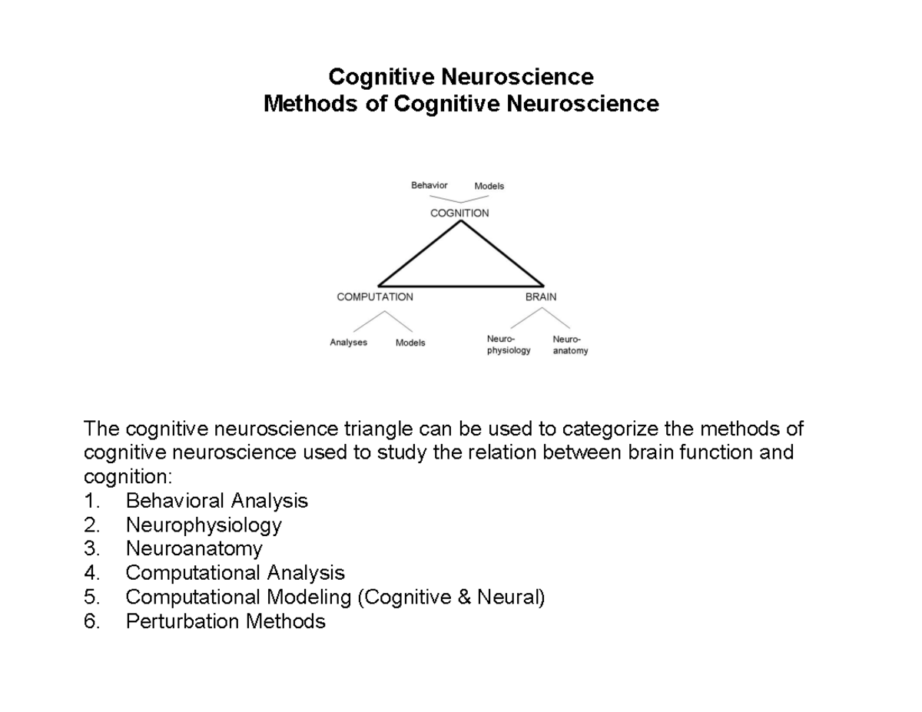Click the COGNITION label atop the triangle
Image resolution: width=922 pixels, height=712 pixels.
(x=459, y=213)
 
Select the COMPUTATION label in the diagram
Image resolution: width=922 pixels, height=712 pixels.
(x=375, y=296)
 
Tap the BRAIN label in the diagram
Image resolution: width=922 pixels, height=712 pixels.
(x=541, y=296)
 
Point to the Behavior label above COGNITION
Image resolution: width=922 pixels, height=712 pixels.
(x=429, y=185)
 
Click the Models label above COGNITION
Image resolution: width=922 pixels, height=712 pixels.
(x=489, y=186)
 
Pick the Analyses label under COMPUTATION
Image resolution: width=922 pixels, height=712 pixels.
(x=348, y=343)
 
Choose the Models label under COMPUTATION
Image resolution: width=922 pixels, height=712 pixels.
(x=410, y=343)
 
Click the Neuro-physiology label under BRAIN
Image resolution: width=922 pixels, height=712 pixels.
(x=508, y=345)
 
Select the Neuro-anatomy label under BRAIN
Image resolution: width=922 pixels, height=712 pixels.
(x=569, y=345)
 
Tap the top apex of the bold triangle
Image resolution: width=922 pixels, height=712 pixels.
(x=460, y=222)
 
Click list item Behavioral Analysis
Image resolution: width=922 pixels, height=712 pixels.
(x=217, y=501)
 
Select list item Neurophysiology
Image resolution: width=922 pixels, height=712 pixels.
(x=204, y=525)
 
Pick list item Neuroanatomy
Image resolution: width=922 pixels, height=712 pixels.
(x=194, y=549)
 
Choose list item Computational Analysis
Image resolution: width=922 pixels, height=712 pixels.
(x=235, y=573)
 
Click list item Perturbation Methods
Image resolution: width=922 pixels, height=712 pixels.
(x=226, y=621)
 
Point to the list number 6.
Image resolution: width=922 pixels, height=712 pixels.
(x=91, y=621)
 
